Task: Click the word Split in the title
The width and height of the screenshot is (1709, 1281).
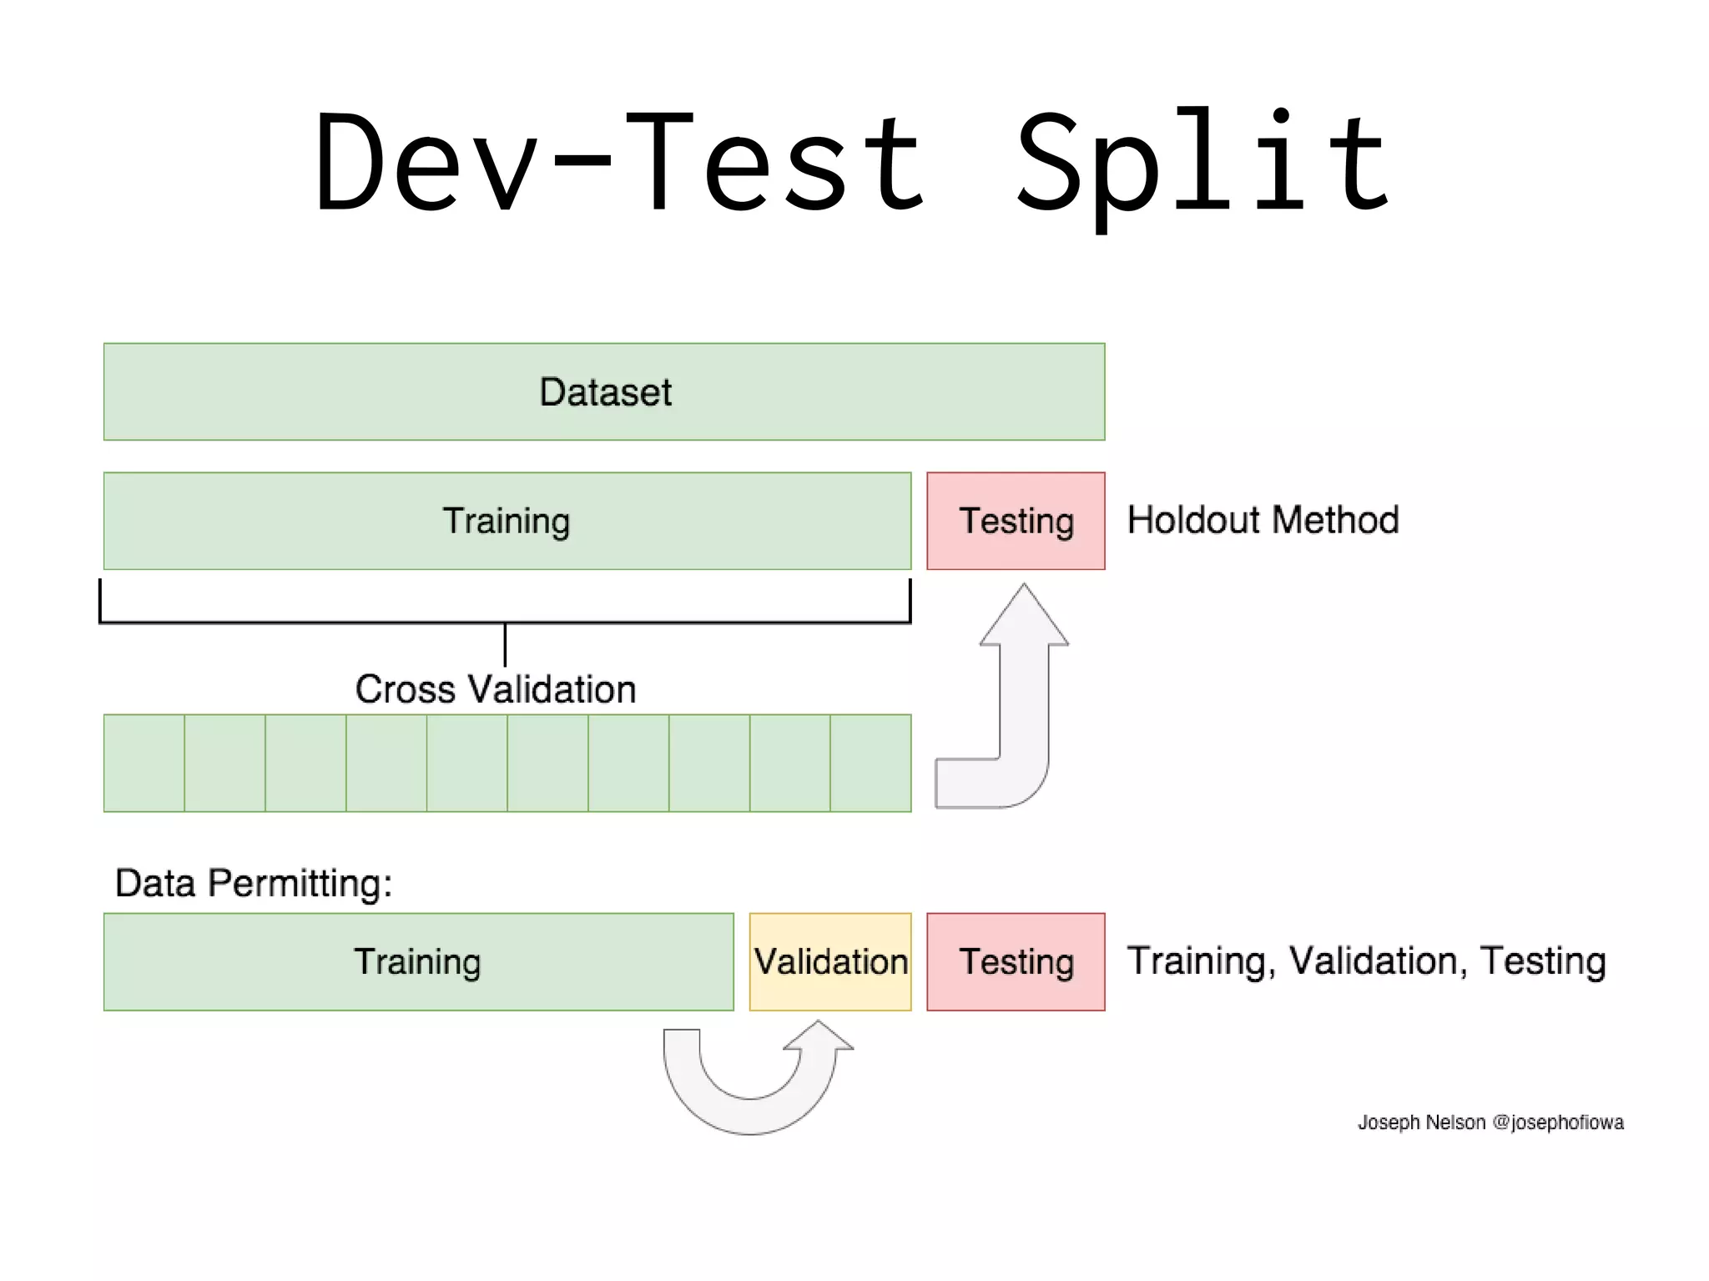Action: [x=1202, y=163]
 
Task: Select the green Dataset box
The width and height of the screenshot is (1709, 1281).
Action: [x=604, y=391]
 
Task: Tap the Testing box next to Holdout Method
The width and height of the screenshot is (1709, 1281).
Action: [x=1016, y=521]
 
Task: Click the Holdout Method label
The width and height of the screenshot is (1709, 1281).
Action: [x=1263, y=520]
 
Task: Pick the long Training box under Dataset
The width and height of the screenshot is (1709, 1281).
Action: [x=507, y=521]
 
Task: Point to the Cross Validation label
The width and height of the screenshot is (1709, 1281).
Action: [x=496, y=689]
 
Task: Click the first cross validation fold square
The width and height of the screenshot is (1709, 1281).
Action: [x=144, y=763]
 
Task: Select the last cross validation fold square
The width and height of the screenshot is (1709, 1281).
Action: [x=870, y=763]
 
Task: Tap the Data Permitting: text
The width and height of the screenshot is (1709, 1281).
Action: [x=254, y=883]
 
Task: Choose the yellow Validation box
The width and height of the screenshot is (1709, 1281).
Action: [x=830, y=961]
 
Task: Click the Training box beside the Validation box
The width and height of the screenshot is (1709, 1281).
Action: [x=418, y=961]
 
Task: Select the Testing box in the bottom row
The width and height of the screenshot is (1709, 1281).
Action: [x=1016, y=961]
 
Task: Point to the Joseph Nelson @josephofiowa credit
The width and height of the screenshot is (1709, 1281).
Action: [x=1490, y=1122]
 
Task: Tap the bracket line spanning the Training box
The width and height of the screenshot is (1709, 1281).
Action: [x=505, y=623]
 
